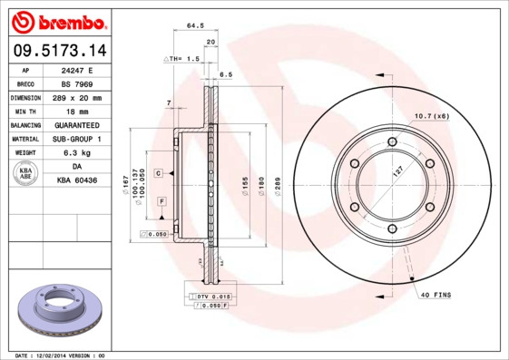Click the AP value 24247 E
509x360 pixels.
[77, 69]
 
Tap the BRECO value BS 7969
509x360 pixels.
[77, 83]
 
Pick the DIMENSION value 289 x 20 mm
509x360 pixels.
[77, 97]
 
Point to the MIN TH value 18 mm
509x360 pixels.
[77, 111]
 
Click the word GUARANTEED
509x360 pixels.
[77, 125]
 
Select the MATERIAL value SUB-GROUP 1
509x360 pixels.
[77, 139]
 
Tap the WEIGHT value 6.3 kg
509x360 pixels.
[77, 153]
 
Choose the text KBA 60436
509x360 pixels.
[77, 181]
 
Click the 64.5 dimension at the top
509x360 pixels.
[194, 26]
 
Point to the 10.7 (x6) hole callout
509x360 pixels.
[432, 116]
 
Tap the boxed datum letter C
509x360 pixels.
[158, 172]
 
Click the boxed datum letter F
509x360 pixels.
[162, 199]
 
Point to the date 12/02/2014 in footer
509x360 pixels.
[56, 355]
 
